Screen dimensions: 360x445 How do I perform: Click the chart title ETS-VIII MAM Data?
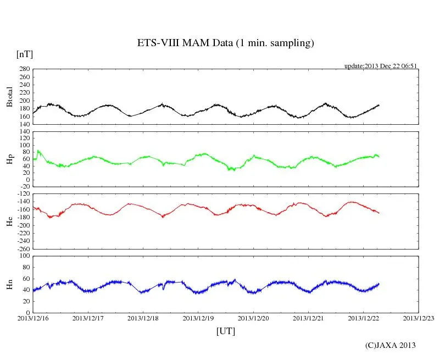tap(225, 43)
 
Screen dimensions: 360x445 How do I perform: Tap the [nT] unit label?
tap(25, 54)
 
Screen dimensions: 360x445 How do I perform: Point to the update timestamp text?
tap(381, 66)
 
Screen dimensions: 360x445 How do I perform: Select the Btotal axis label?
tap(9, 97)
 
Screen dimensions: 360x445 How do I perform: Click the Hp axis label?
tap(9, 159)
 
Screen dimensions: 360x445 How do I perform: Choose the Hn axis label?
tap(9, 284)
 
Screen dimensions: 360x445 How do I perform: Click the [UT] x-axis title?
tap(226, 331)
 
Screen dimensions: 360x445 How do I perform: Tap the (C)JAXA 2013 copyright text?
tap(390, 345)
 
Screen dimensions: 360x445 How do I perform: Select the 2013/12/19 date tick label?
tap(198, 318)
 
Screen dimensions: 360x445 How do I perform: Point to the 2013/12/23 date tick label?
tap(419, 318)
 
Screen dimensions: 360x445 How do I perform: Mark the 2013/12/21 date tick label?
tap(309, 318)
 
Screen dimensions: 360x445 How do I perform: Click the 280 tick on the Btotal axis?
tap(24, 69)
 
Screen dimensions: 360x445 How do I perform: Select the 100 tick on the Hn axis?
tap(24, 256)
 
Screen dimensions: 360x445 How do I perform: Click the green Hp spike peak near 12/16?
tap(38, 150)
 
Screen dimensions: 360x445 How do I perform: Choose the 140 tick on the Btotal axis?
tap(24, 124)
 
